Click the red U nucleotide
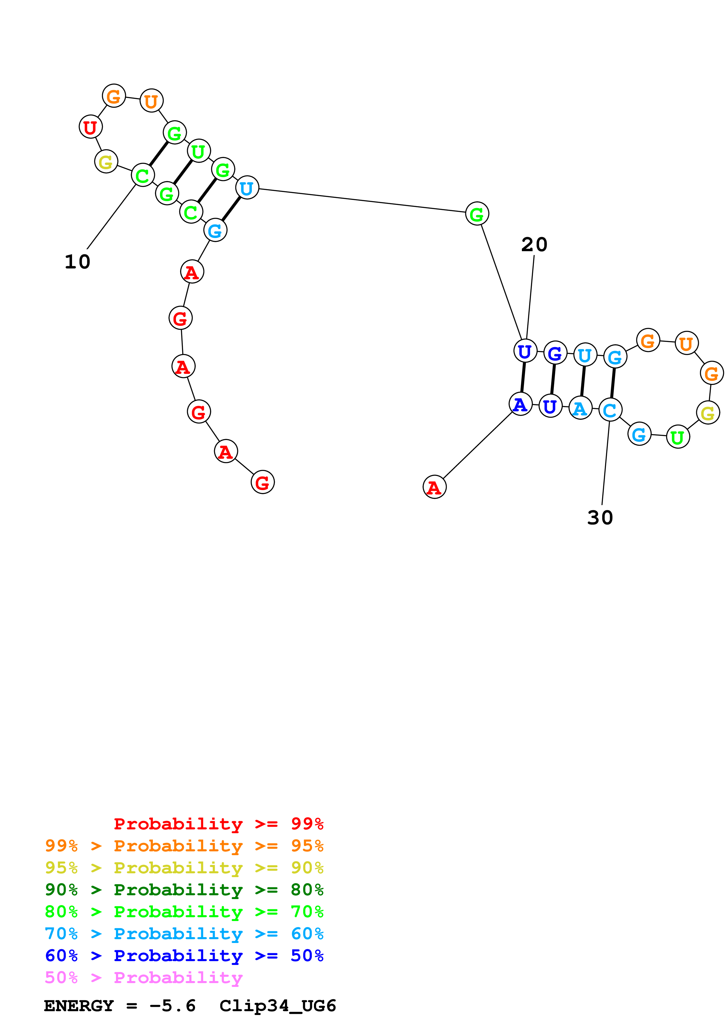pyautogui.click(x=91, y=127)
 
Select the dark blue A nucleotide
pyautogui.click(x=520, y=404)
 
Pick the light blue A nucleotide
pyautogui.click(x=580, y=408)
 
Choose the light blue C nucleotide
pyautogui.click(x=610, y=410)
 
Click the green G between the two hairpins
pyautogui.click(x=477, y=214)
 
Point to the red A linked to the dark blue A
pyautogui.click(x=434, y=487)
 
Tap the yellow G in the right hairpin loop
pyautogui.click(x=708, y=413)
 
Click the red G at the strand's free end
pyautogui.click(x=263, y=482)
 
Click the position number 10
pyautogui.click(x=77, y=262)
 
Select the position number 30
pyautogui.click(x=600, y=518)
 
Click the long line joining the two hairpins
pyautogui.click(x=362, y=200)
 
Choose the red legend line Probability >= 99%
pyautogui.click(x=218, y=824)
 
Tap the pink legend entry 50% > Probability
pyautogui.click(x=144, y=978)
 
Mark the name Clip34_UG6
pyautogui.click(x=277, y=1006)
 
